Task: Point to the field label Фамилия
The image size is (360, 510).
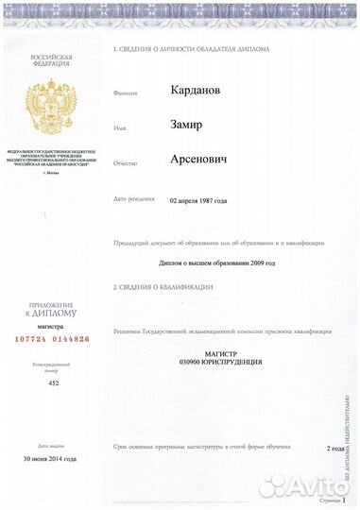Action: (x=126, y=94)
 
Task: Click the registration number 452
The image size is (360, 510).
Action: (x=53, y=384)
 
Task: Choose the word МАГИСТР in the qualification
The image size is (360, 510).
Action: (x=224, y=353)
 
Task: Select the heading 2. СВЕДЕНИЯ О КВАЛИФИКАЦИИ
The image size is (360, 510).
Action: (x=163, y=286)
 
